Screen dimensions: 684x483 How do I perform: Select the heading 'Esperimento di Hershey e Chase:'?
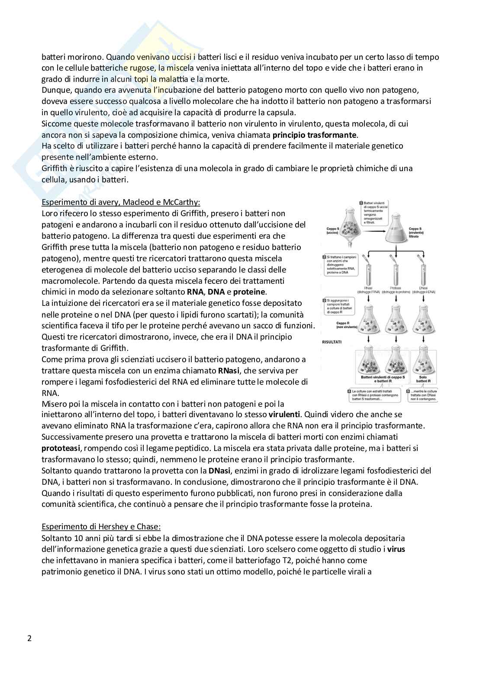coord(101,527)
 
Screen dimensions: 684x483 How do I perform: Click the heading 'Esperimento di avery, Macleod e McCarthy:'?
coord(121,202)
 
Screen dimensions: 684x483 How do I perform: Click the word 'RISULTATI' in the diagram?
coord(332,342)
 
